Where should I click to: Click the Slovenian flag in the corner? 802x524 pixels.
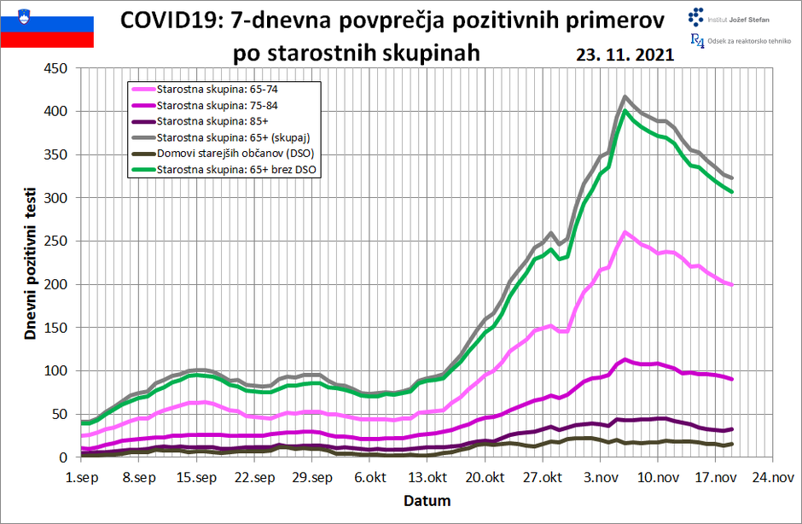click(47, 26)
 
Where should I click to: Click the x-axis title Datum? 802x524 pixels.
click(426, 500)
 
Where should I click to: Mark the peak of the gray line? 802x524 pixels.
click(625, 97)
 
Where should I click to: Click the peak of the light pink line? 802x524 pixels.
click(625, 232)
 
